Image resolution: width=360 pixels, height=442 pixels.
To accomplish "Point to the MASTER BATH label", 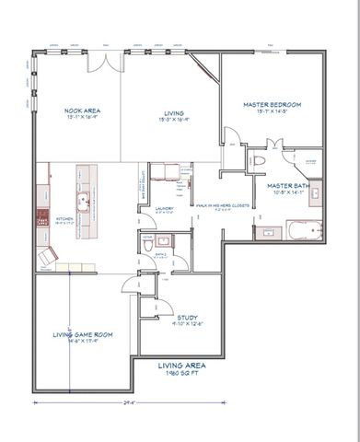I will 287,187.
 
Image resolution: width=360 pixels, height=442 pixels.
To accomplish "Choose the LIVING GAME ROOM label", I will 82,334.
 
